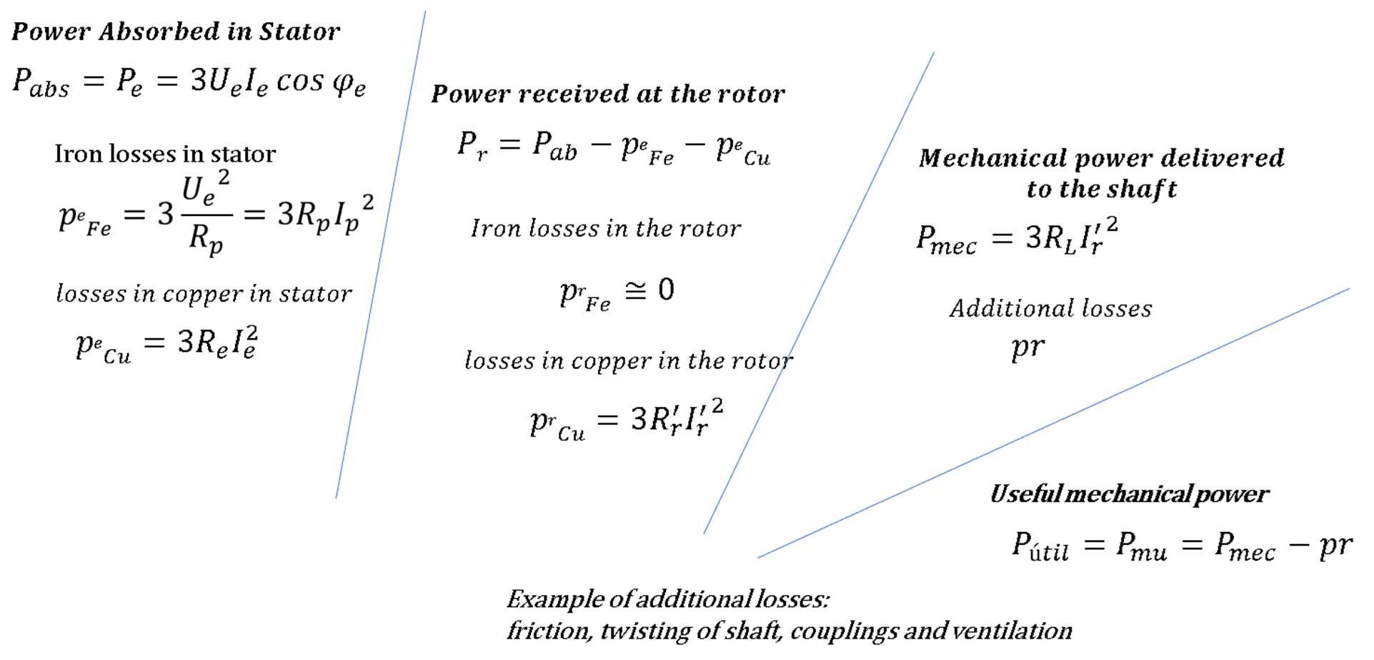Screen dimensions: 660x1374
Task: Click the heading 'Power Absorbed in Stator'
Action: click(176, 31)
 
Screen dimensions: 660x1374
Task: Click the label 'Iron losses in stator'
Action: click(165, 154)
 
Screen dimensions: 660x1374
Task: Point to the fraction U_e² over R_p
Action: click(206, 213)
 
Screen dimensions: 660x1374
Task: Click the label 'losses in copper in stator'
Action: click(204, 293)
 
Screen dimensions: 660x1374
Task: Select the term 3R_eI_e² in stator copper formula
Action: click(217, 342)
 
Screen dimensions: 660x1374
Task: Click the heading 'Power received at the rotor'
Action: click(608, 94)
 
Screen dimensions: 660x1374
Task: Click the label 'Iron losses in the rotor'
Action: click(606, 228)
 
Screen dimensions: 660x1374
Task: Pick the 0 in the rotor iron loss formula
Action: click(666, 290)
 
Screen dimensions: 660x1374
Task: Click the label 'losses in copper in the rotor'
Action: click(629, 360)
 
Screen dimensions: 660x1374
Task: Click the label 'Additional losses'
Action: click(1050, 308)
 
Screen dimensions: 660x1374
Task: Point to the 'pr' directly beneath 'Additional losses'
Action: click(1027, 348)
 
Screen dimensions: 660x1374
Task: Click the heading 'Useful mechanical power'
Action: click(1129, 494)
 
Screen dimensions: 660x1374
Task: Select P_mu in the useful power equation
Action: click(1141, 547)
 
